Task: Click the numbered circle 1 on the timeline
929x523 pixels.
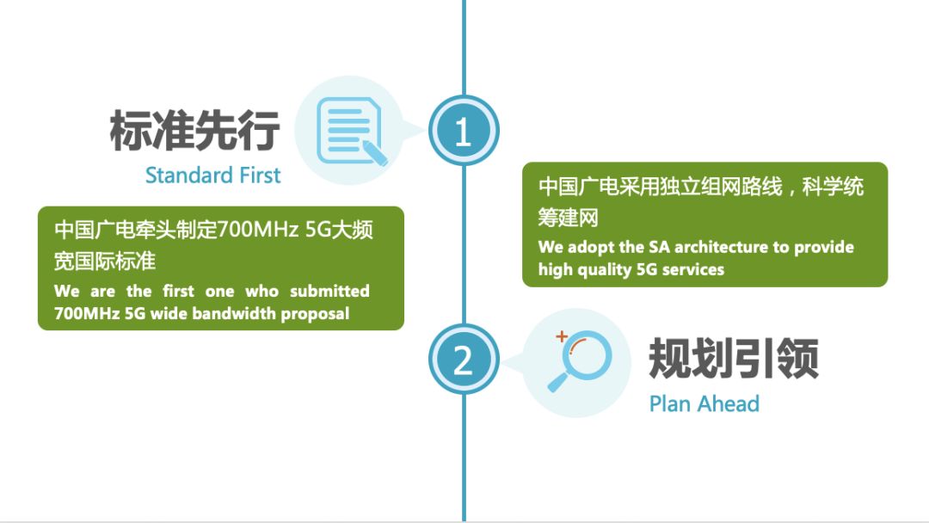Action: click(464, 131)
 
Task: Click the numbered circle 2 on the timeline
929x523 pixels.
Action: click(464, 360)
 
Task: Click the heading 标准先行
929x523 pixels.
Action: click(194, 130)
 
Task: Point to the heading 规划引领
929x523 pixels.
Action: click(734, 359)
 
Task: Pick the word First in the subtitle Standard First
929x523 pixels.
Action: click(260, 175)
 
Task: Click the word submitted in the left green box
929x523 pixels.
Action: click(329, 291)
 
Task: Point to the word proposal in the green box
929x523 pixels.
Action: click(315, 314)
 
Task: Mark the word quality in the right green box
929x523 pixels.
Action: click(604, 270)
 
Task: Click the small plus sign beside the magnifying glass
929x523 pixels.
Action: click(562, 336)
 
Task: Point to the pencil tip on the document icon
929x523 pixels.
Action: click(385, 163)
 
